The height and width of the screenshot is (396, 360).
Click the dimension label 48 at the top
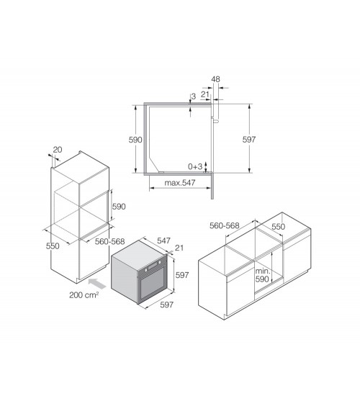tap(215, 79)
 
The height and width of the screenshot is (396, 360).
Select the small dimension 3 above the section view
tap(194, 96)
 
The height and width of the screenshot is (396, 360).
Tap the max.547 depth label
tap(180, 182)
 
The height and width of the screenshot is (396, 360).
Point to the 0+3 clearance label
tap(195, 166)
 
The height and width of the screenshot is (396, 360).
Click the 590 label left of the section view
tap(135, 140)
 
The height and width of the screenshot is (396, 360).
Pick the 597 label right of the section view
tap(249, 139)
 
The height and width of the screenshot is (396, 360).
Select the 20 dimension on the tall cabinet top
tap(58, 150)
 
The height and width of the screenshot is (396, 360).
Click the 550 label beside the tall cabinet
tap(53, 246)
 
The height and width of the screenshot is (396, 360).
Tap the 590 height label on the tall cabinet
tap(119, 207)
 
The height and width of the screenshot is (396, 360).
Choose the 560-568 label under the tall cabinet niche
tap(109, 241)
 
